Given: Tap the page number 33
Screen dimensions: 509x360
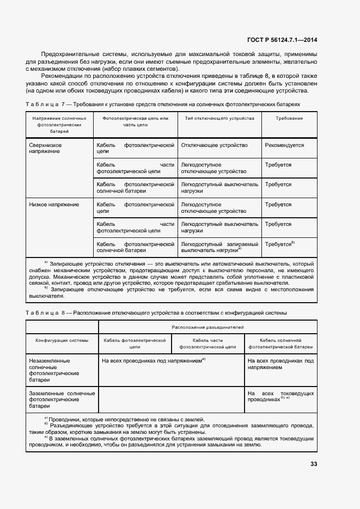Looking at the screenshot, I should click(313, 464).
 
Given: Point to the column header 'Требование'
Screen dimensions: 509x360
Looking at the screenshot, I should click(289, 118).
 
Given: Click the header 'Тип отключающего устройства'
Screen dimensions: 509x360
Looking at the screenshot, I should click(219, 118).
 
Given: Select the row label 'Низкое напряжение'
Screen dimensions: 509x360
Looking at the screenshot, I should click(54, 205).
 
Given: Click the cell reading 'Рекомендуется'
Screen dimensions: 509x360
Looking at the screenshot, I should click(284, 145).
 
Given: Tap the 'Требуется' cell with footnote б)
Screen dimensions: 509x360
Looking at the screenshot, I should click(279, 244).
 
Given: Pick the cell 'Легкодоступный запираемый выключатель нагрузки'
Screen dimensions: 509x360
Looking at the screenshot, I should click(219, 247).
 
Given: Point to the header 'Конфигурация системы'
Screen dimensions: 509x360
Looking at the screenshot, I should click(62, 340).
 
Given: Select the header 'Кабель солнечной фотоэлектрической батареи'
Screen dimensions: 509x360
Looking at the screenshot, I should click(281, 343).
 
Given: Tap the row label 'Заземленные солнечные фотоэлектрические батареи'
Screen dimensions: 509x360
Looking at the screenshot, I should click(62, 399).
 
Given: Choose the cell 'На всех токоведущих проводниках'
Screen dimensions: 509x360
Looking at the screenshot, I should click(280, 396).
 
